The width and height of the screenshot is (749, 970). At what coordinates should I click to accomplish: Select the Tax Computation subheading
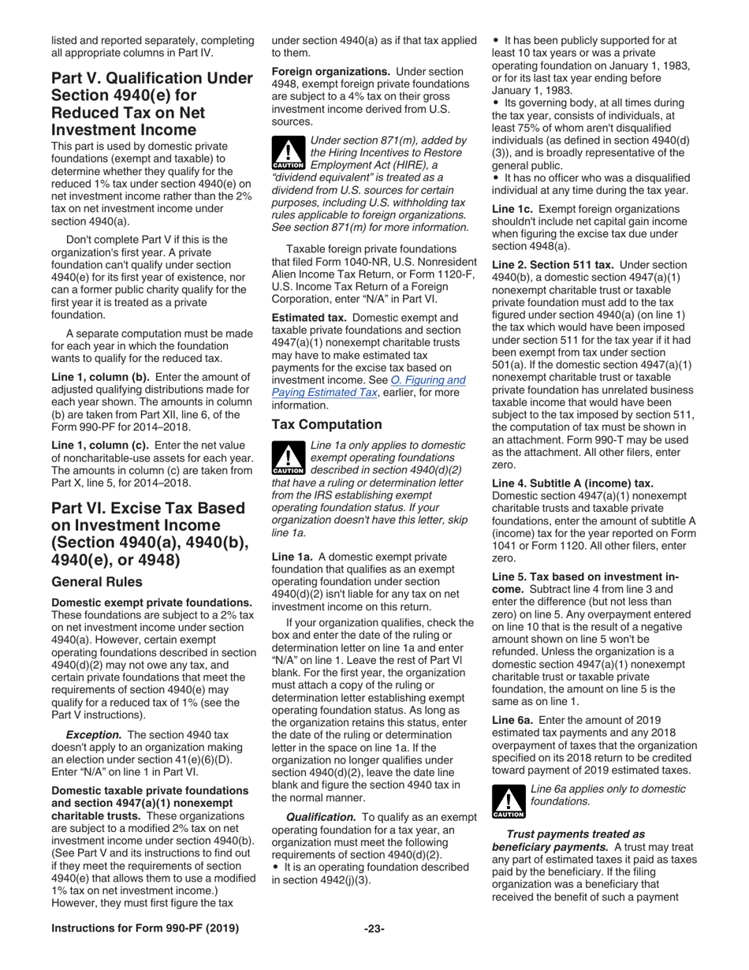(x=326, y=424)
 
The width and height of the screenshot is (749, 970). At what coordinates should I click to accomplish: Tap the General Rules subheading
(x=97, y=581)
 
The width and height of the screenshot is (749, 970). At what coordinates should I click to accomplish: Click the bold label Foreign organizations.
(x=330, y=72)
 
